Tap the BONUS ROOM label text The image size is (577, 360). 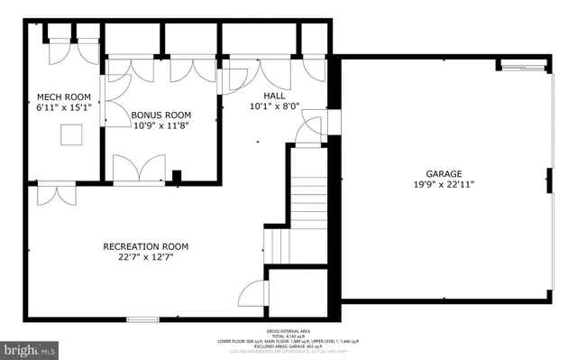(161, 115)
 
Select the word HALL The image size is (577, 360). (274, 95)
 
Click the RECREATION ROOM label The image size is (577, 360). (145, 246)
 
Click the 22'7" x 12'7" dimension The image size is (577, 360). (145, 257)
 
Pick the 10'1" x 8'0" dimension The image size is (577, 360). (274, 106)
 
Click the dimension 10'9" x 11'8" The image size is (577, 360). (161, 126)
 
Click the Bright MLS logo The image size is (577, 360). (32, 347)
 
